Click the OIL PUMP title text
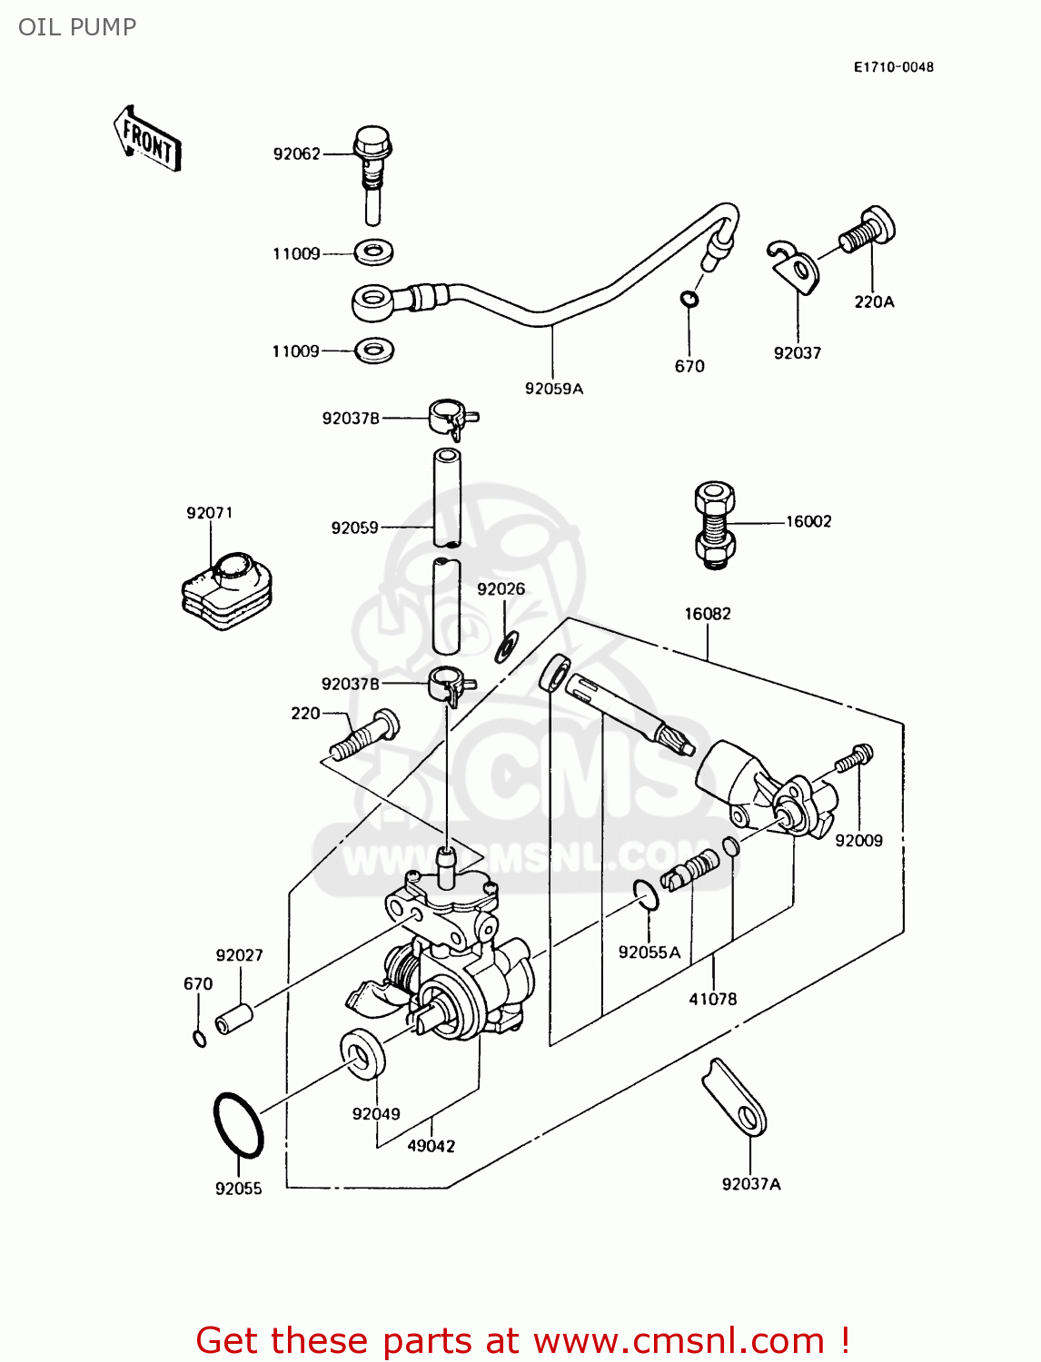pyautogui.click(x=77, y=27)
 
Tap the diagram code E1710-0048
pyautogui.click(x=893, y=67)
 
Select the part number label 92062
pyautogui.click(x=297, y=154)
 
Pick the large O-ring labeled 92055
pyautogui.click(x=238, y=1124)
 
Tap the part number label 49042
pyautogui.click(x=431, y=1146)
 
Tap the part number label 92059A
pyautogui.click(x=554, y=389)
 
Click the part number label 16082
pyautogui.click(x=708, y=614)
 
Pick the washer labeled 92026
pyautogui.click(x=507, y=646)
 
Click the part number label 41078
pyautogui.click(x=713, y=999)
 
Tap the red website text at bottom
pyautogui.click(x=522, y=1340)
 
